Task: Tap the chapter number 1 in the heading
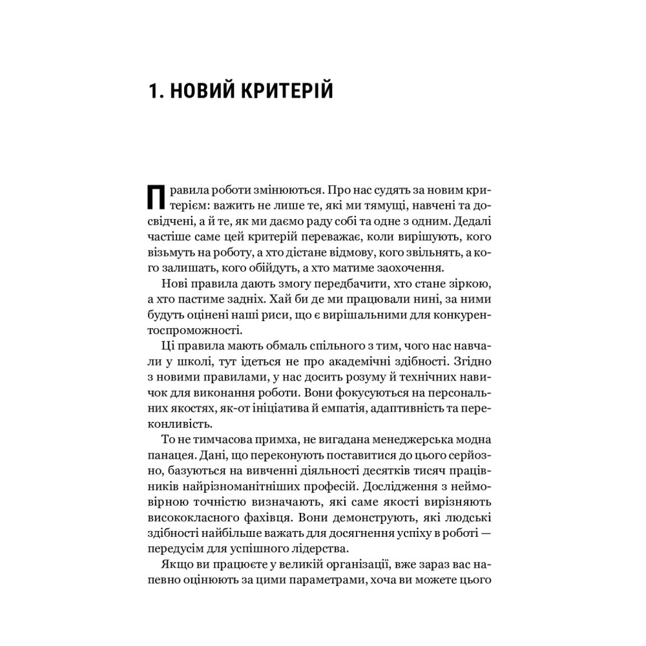152,90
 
